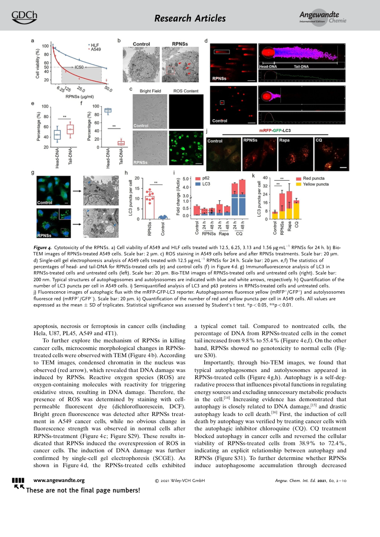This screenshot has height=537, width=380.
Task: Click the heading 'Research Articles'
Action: (x=190, y=19)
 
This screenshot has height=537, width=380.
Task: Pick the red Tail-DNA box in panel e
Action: (x=70, y=130)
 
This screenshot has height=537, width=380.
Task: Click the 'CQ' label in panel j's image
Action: (x=319, y=141)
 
